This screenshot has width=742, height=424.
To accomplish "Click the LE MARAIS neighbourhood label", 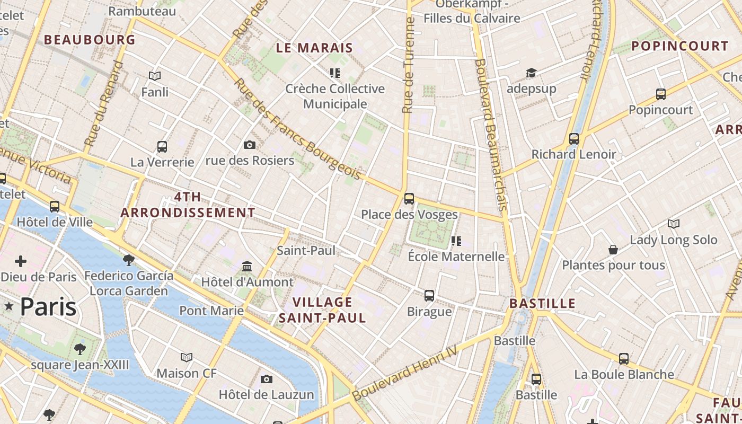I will point(314,48).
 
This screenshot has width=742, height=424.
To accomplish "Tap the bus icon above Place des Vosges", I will point(409,199).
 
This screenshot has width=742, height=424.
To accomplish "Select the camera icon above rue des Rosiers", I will point(250,145).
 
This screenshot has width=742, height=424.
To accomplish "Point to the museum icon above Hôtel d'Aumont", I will point(247,266).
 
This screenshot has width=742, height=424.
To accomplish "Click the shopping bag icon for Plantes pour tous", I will point(613,250).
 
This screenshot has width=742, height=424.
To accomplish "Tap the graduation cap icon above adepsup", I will point(531,73).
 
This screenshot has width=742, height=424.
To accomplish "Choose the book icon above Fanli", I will point(155,76).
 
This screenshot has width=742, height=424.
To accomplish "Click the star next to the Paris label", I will point(9,306).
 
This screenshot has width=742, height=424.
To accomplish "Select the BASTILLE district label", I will point(542,304).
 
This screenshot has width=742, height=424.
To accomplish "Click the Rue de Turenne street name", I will point(408,65).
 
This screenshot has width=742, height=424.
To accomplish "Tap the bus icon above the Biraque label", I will point(429,296).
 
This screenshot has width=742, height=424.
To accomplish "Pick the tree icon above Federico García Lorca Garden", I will point(128,260).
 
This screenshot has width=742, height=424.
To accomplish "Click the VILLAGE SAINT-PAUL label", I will point(322,310).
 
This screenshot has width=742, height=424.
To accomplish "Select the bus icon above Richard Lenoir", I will point(574,139).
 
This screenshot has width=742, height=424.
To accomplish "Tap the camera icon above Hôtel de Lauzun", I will point(267,379).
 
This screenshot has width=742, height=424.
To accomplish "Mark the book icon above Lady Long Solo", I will point(674,224).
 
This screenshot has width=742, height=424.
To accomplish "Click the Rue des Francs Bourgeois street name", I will point(297,130).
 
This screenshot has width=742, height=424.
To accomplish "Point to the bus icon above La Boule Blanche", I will point(624,359).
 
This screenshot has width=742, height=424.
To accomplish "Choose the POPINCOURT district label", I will point(672,46).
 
